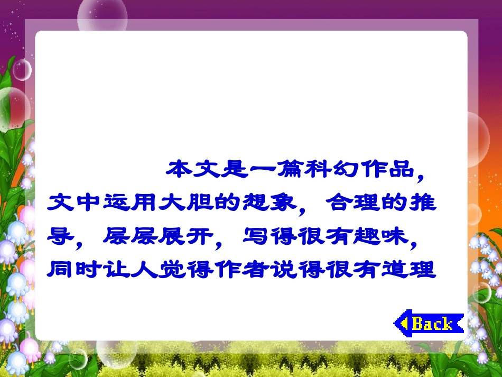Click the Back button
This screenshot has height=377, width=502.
click(429, 323)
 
